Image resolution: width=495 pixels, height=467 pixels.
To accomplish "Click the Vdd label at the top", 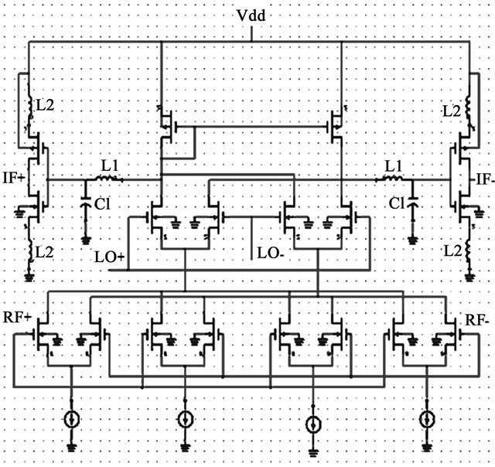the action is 251,15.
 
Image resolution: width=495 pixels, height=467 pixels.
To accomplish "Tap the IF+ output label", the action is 14,179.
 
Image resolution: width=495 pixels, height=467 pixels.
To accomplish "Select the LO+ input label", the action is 110,257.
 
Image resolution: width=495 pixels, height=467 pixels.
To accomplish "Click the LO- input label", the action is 271,254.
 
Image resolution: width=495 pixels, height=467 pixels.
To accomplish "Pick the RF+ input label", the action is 17,317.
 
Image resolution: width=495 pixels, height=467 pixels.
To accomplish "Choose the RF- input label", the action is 477,321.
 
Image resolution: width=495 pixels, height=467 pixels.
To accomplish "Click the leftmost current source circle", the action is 71,419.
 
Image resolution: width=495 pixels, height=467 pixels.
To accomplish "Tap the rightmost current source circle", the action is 428,419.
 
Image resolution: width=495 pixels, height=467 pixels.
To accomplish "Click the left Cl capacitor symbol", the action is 85,203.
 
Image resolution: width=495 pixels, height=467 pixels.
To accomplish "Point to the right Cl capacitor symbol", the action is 412,203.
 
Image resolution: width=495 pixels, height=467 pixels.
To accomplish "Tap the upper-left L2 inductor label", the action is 45,105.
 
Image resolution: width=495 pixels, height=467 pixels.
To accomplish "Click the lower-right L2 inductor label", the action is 453,251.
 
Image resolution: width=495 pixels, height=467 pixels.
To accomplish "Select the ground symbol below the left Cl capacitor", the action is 85,240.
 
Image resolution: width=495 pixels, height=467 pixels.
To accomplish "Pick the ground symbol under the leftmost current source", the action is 71,447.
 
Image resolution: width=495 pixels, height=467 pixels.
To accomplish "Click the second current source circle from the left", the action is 185,419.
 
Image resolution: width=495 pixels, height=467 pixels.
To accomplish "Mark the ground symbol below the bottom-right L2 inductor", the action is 469,278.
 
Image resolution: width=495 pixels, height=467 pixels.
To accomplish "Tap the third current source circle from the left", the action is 313,424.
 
